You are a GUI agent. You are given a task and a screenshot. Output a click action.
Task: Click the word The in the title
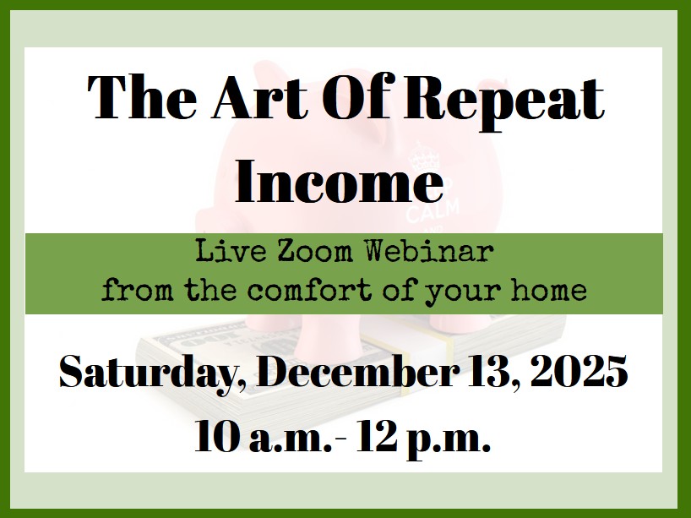(142, 97)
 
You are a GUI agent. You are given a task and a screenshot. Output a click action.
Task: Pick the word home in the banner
(548, 290)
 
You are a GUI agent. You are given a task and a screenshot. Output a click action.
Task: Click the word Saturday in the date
(152, 373)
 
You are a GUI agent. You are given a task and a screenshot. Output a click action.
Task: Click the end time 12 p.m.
(423, 439)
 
